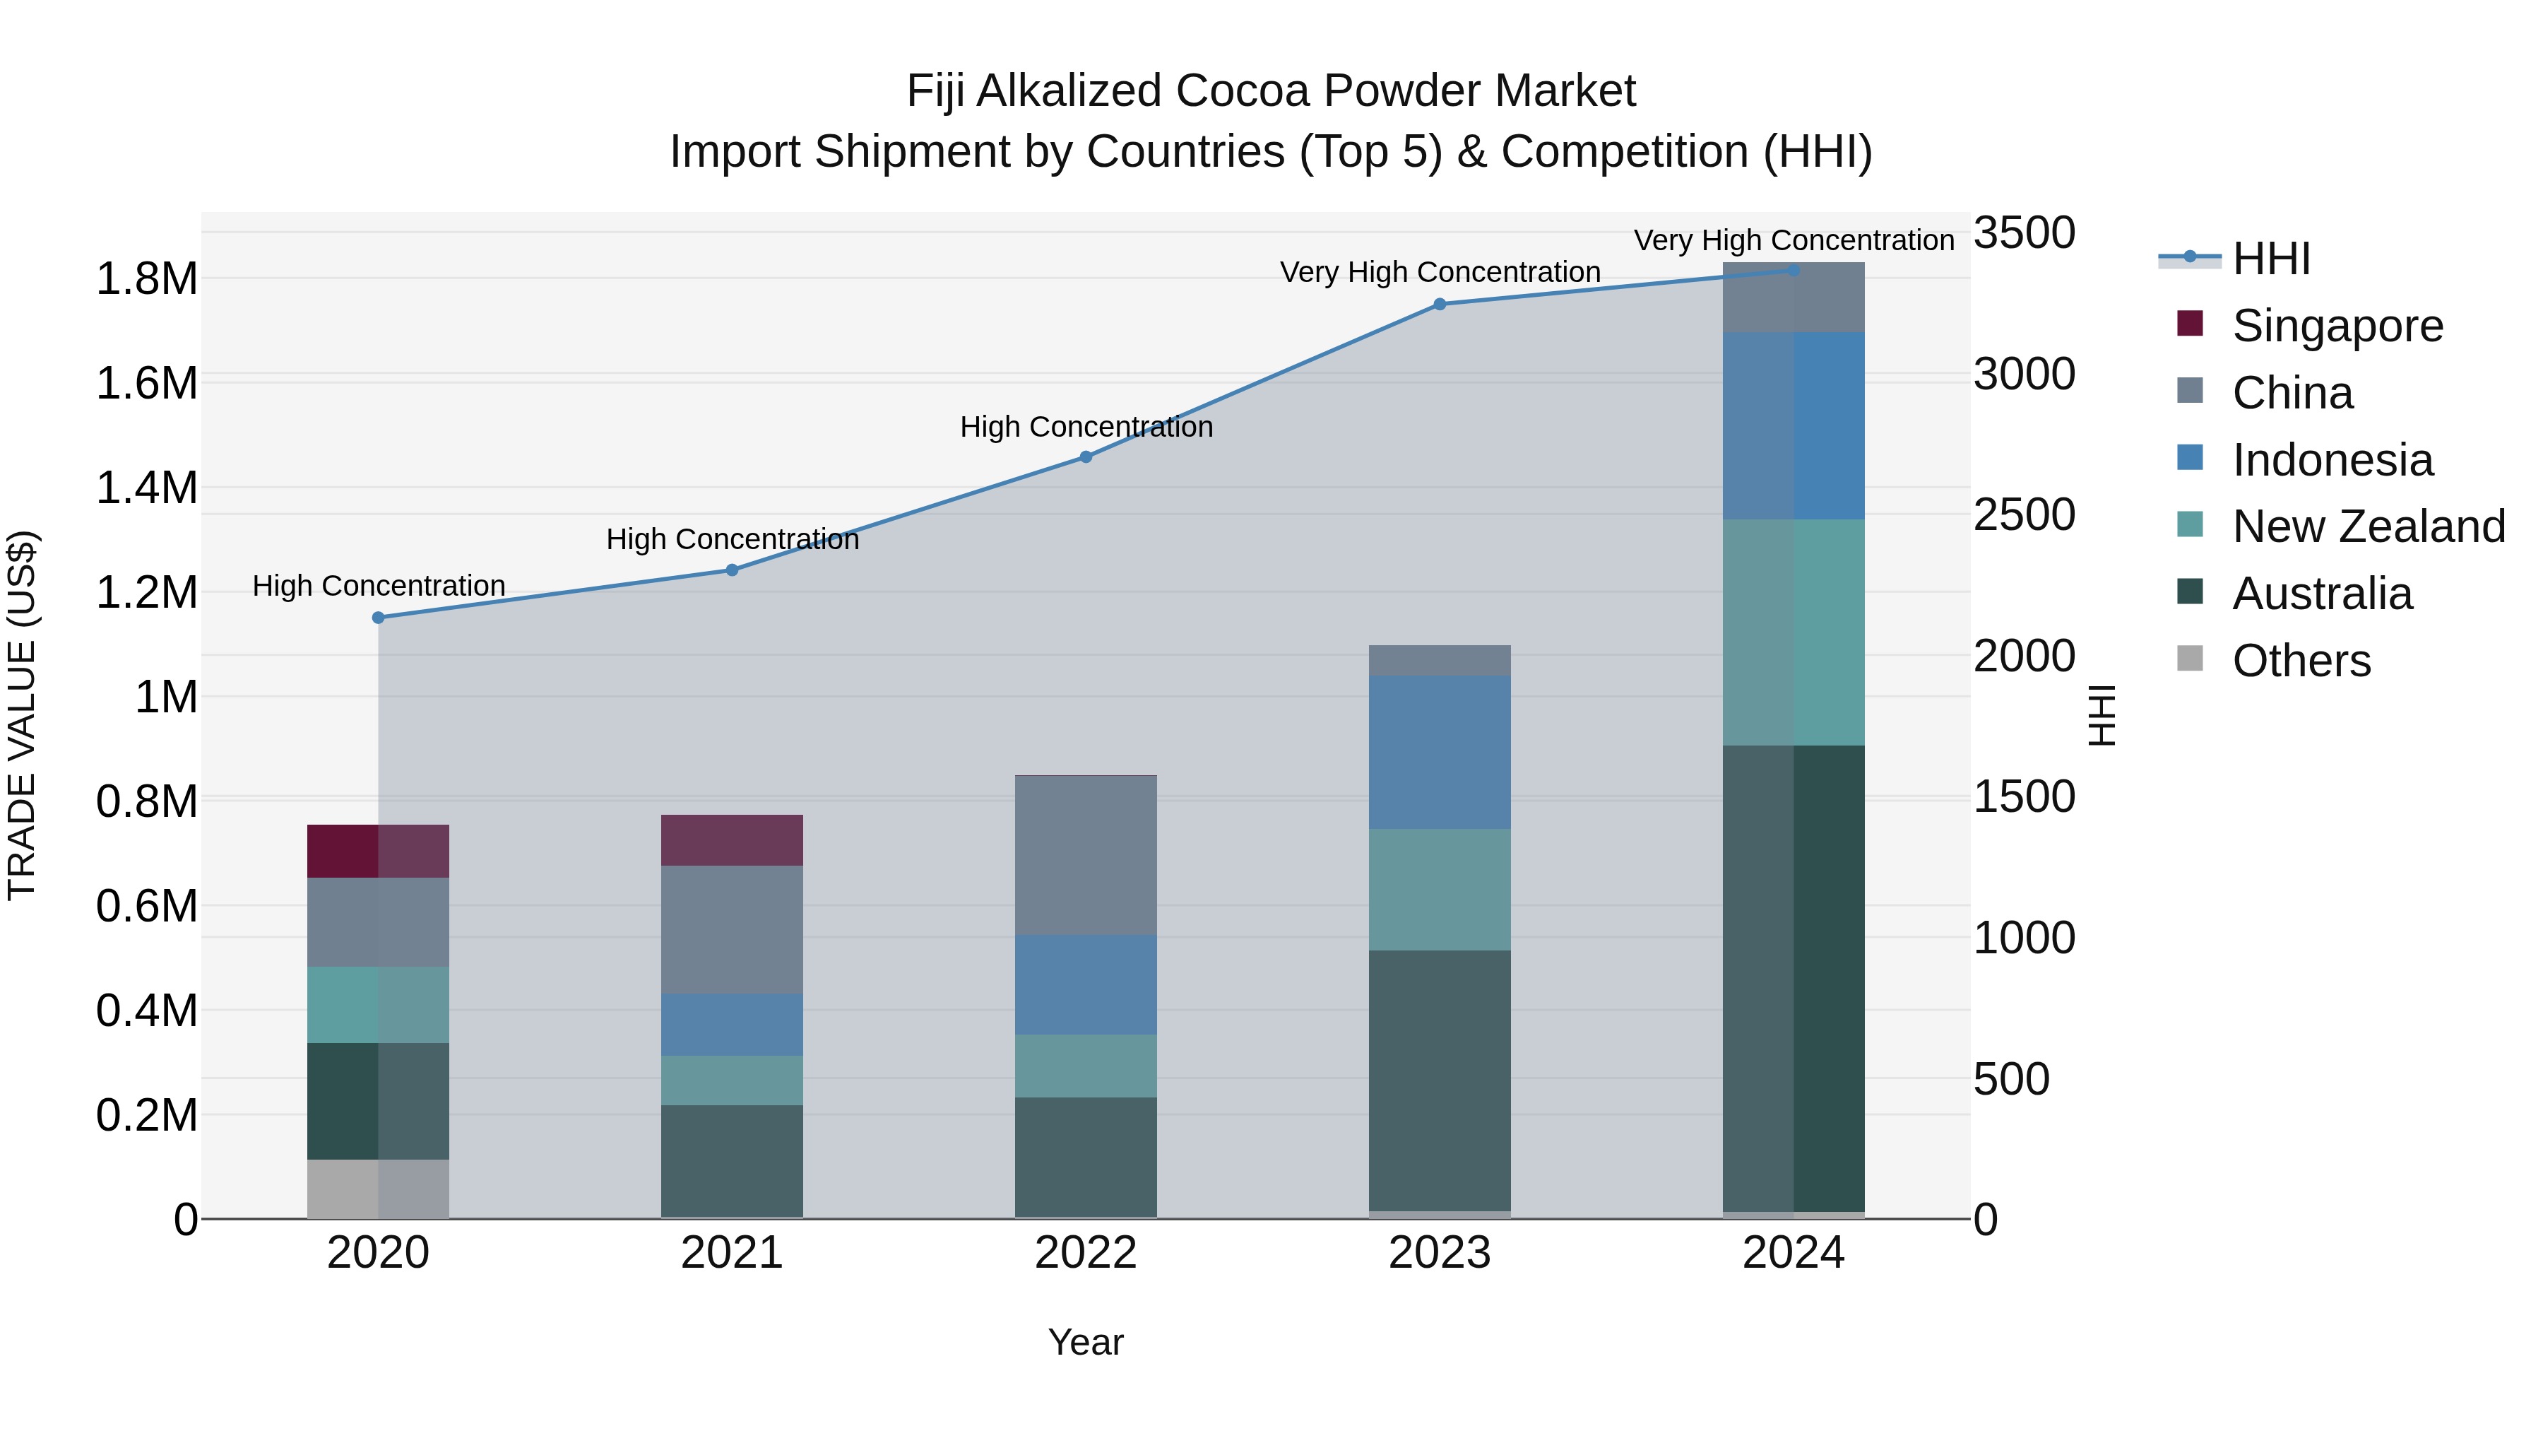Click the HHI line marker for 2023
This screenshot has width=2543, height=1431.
(1440, 304)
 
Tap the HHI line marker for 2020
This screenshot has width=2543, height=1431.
(378, 617)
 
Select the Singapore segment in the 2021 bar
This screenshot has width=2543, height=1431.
(732, 840)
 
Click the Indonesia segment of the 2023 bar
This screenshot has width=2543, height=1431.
(1440, 752)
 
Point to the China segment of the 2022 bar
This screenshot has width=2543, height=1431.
(1086, 855)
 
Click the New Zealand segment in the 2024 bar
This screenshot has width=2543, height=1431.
(1794, 632)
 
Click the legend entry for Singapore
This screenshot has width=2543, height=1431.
(2337, 326)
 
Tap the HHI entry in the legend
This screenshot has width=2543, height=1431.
(2270, 259)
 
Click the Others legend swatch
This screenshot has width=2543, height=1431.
(2190, 659)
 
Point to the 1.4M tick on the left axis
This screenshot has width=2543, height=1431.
(146, 488)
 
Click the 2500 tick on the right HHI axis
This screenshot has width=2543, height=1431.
(2024, 514)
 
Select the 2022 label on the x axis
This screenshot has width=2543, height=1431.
(1086, 1253)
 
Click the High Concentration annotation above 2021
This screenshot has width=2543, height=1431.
(732, 539)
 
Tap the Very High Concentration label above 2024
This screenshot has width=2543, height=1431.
(1794, 240)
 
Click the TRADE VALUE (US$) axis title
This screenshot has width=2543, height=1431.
(22, 715)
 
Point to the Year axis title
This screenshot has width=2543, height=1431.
(1086, 1342)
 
